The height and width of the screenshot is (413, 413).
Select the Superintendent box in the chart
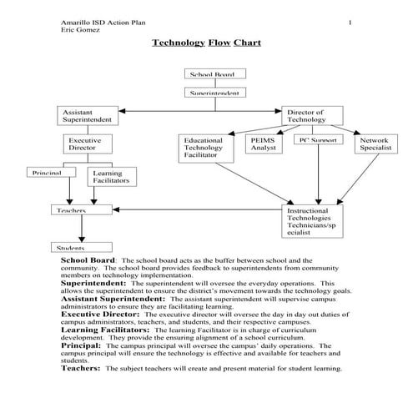click(212, 93)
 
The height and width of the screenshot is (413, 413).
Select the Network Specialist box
click(375, 145)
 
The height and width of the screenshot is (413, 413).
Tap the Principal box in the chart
click(49, 173)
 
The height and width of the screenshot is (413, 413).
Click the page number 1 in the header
click(350, 22)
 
